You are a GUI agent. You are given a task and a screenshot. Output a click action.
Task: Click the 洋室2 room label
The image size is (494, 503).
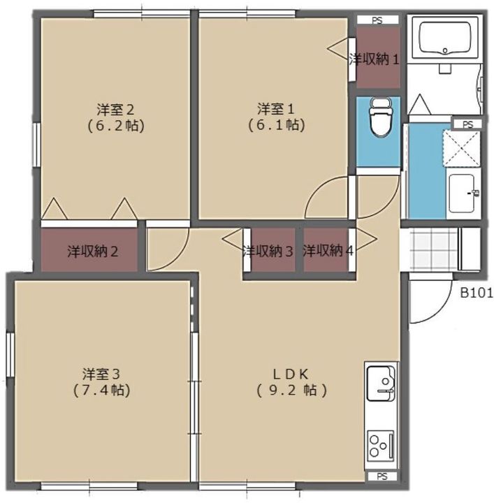coord(115,109)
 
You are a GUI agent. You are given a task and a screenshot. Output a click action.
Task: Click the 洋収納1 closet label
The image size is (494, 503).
coord(375,59)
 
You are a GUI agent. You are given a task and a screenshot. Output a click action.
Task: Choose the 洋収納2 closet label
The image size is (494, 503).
coord(92,250)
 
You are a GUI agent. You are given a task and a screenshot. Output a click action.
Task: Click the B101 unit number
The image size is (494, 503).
coord(476,293)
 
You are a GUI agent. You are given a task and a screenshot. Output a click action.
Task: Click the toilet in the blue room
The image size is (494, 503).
coord(379,117)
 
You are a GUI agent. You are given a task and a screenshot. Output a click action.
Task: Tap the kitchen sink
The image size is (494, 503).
coord(381,384)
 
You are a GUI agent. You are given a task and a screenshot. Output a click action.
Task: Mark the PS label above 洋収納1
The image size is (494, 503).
coord(377,20)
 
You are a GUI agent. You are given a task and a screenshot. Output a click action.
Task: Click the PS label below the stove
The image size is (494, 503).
coord(382,476)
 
